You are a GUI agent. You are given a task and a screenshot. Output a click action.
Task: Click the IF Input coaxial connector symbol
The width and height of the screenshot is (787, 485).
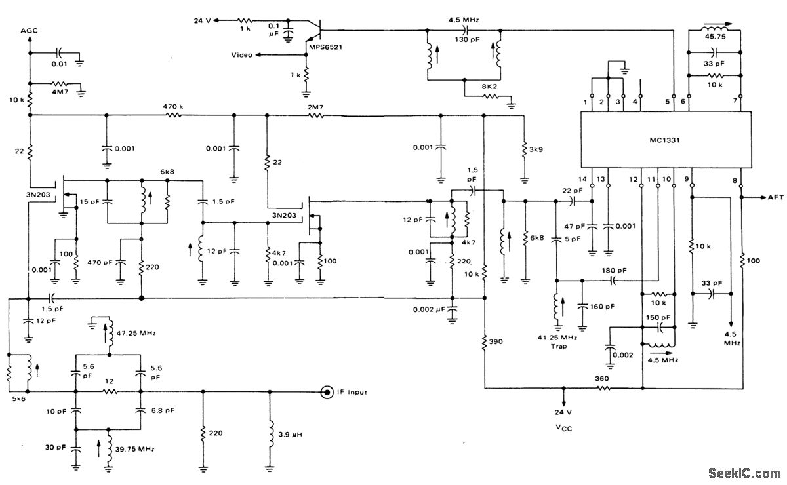[325, 393]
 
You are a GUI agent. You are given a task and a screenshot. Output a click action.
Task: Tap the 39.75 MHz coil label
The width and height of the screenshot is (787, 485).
[136, 448]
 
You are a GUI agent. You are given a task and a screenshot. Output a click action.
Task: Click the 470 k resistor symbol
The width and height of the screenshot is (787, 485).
[173, 115]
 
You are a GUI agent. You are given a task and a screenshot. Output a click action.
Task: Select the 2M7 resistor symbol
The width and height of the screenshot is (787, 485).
[316, 115]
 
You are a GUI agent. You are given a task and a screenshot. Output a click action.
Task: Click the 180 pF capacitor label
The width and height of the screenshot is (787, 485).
[613, 270]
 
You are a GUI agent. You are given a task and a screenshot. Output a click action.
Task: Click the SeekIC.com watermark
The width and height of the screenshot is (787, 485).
[745, 473]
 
